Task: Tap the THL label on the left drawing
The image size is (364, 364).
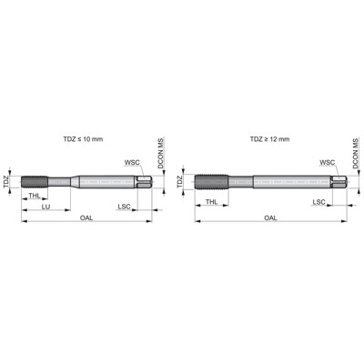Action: [x=34, y=196]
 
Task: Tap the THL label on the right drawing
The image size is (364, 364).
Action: [x=211, y=202]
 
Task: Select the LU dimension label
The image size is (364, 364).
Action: [x=45, y=207]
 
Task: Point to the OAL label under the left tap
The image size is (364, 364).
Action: [x=86, y=218]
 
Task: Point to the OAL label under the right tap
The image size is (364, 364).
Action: [x=270, y=218]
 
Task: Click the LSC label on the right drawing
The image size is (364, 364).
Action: [x=319, y=202]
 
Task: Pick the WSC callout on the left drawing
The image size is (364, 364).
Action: [x=134, y=161]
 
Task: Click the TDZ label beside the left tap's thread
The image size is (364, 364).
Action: [x=6, y=180]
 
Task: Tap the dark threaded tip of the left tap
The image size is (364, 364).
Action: [x=33, y=179]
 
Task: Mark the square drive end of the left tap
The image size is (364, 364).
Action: [x=144, y=179]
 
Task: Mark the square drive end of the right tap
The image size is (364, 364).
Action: [x=338, y=181]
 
